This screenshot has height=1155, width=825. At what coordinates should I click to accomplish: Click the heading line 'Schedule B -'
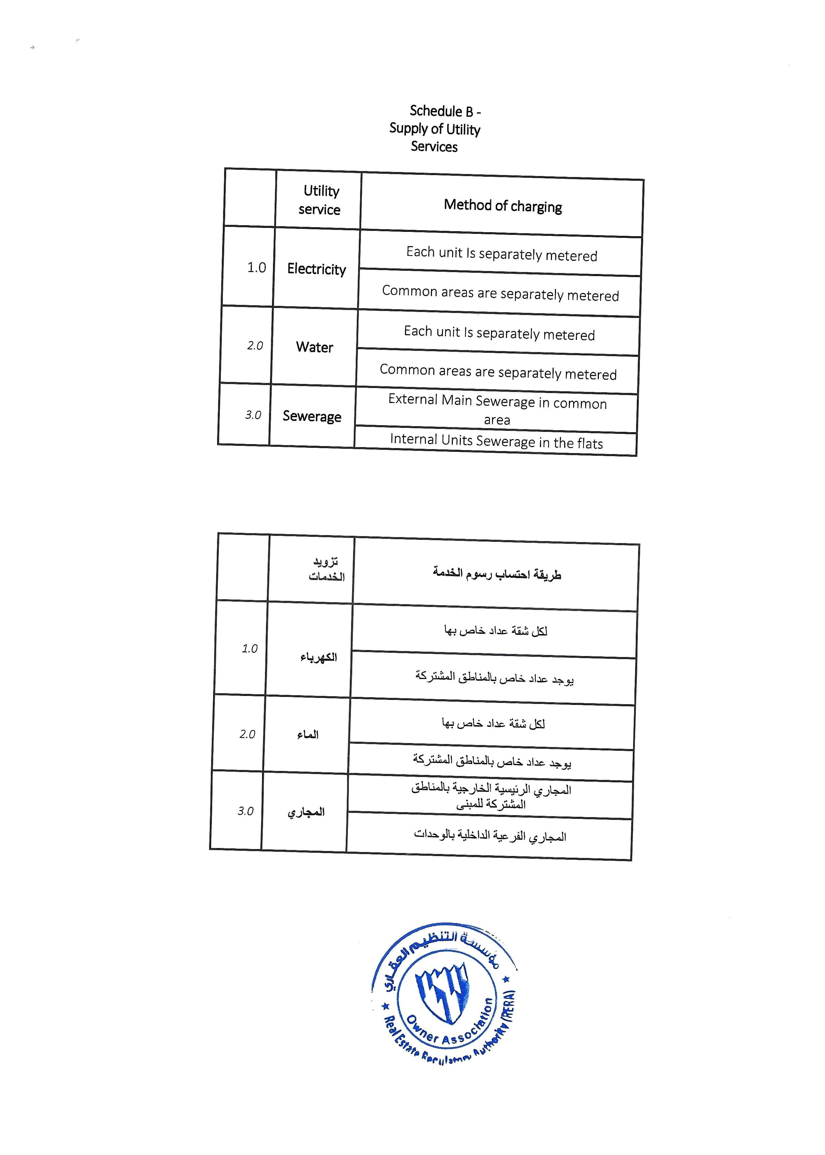pos(445,111)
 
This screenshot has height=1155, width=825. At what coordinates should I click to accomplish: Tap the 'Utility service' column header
pos(320,200)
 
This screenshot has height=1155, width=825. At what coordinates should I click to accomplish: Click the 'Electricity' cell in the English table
pos(316,269)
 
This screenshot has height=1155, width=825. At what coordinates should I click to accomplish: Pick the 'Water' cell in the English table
pos(314,347)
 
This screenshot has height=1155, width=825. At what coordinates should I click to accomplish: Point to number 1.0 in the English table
pos(256,268)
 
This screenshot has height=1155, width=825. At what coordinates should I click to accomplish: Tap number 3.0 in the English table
pos(253,415)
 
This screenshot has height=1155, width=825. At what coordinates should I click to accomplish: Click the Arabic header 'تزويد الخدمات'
pos(326,569)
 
